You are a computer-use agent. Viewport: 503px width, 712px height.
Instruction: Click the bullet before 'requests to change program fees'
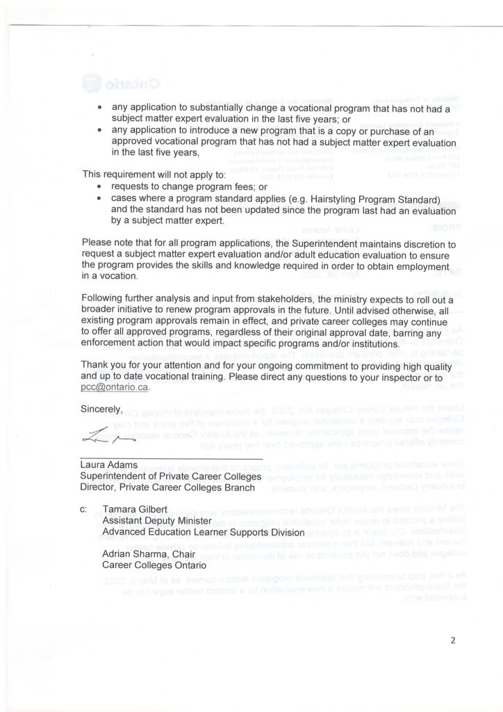(x=102, y=188)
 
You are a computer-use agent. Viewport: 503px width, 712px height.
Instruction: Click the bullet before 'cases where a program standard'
(x=102, y=200)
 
